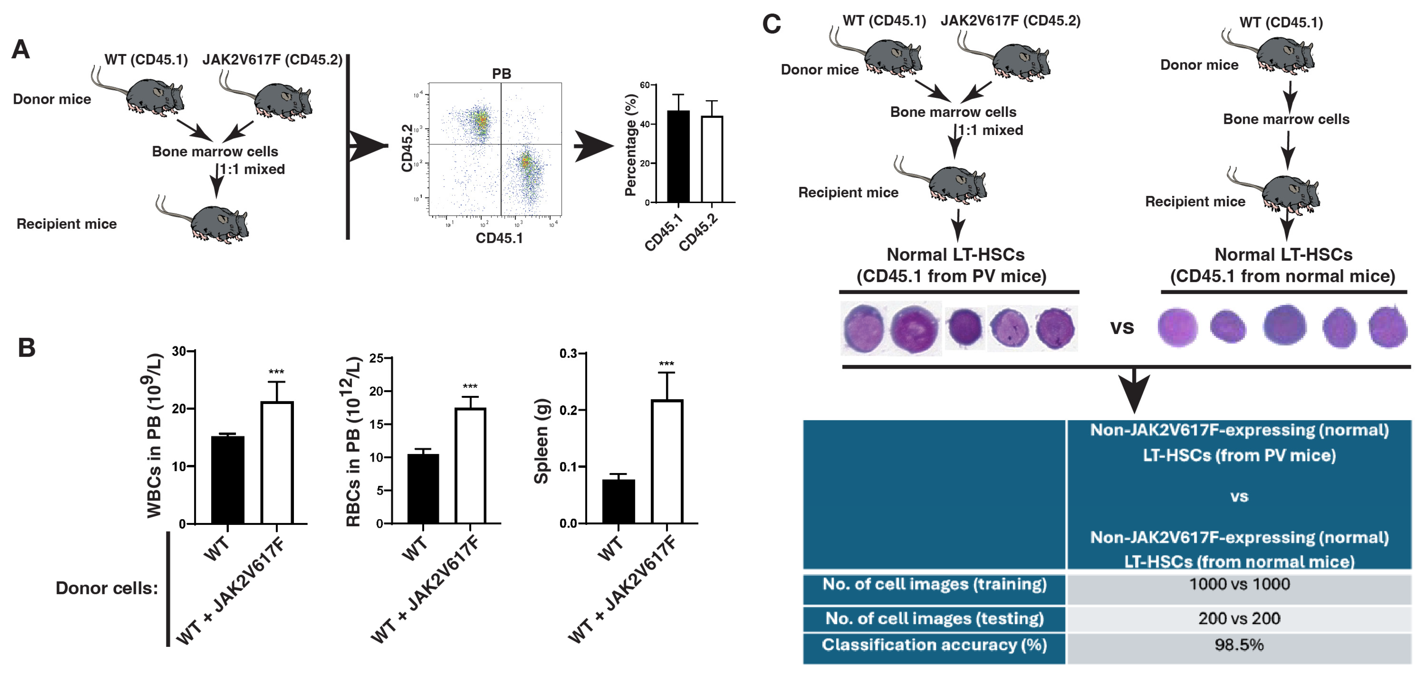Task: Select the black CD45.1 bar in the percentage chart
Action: [678, 156]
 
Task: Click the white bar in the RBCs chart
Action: [470, 466]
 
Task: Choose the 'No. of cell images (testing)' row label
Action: [934, 619]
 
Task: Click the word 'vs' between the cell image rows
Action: [1122, 328]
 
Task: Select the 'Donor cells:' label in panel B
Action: [106, 588]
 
